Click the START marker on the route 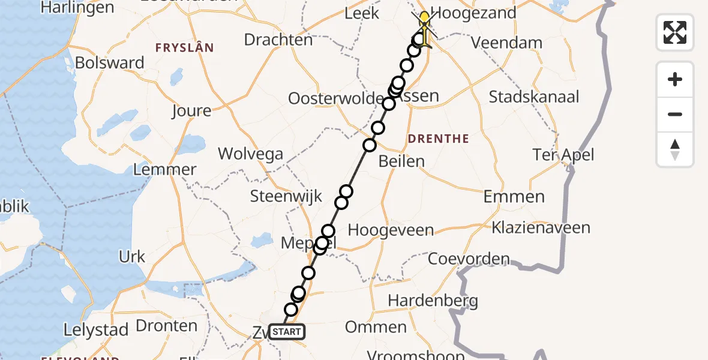point(286,332)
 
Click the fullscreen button point(675,32)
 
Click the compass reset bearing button point(675,149)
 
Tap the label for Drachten point(278,40)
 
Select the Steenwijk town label point(286,196)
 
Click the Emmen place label point(514,196)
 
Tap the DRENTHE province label point(438,139)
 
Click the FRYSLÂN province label point(184,48)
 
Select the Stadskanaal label point(534,97)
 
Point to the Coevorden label point(469,260)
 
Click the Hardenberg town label point(433,300)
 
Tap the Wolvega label point(250,154)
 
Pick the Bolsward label point(110,63)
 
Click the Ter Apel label point(563,155)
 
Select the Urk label point(132,257)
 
